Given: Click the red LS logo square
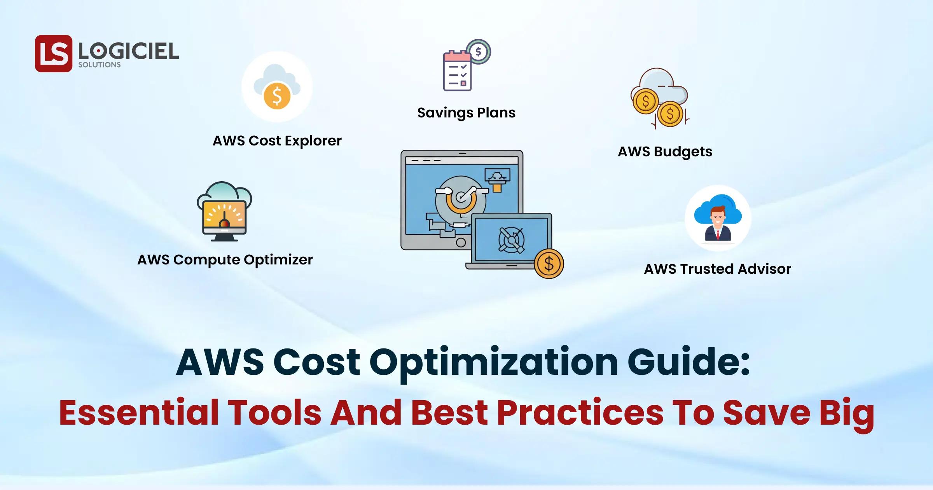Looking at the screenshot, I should (54, 54).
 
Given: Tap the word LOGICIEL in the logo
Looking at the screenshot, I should (128, 51).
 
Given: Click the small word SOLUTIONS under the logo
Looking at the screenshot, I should (100, 65).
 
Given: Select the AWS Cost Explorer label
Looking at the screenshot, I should (277, 141).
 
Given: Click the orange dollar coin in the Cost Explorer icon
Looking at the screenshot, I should (277, 96).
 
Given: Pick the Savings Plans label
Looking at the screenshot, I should (466, 113).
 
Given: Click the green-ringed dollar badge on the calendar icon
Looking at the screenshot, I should (479, 51).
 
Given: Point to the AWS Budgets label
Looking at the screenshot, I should (665, 152).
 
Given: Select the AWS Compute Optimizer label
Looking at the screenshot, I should (225, 260).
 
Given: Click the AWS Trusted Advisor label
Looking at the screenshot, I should (718, 269).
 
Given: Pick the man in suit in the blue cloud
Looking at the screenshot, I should (718, 223).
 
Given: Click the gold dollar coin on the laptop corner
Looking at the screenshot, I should (549, 264).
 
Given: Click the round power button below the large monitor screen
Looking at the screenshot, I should (461, 243).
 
